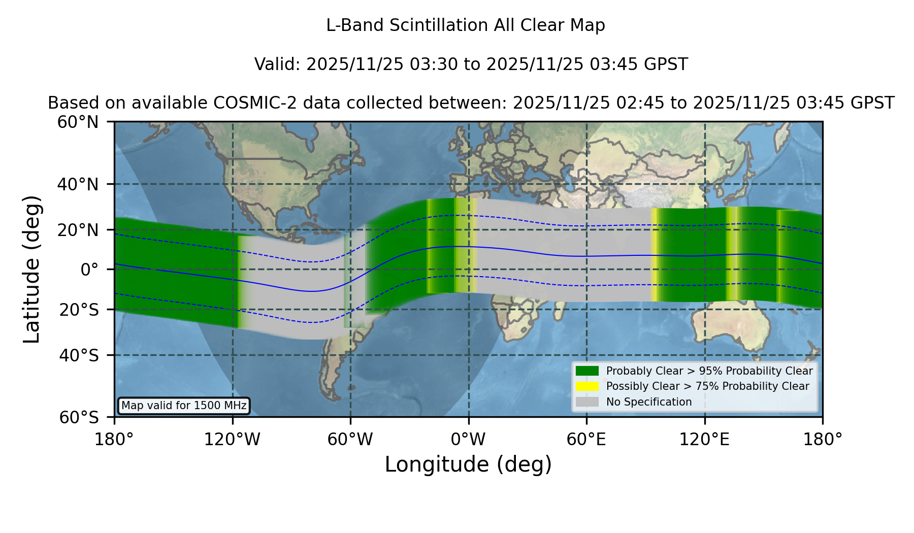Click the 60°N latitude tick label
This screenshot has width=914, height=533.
78,122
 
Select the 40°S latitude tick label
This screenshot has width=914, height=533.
79,355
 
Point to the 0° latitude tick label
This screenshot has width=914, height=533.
90,269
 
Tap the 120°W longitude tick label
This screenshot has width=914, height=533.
232,440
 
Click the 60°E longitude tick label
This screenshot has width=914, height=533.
586,440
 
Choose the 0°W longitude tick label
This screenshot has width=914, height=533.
468,440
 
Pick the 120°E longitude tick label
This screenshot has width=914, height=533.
704,440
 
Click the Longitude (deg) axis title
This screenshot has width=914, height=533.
468,464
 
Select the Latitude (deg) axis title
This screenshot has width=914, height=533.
31,269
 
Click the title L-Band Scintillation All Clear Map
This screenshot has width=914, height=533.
466,25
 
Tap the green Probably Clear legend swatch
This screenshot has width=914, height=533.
587,371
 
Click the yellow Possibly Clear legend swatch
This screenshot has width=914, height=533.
587,386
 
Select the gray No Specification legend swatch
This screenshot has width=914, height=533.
587,402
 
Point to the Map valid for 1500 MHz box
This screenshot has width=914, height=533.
184,406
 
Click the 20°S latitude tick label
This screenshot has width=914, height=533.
79,309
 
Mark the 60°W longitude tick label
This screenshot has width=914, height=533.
350,440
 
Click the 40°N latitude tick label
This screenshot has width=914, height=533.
78,184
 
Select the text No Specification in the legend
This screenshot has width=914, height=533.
649,402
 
